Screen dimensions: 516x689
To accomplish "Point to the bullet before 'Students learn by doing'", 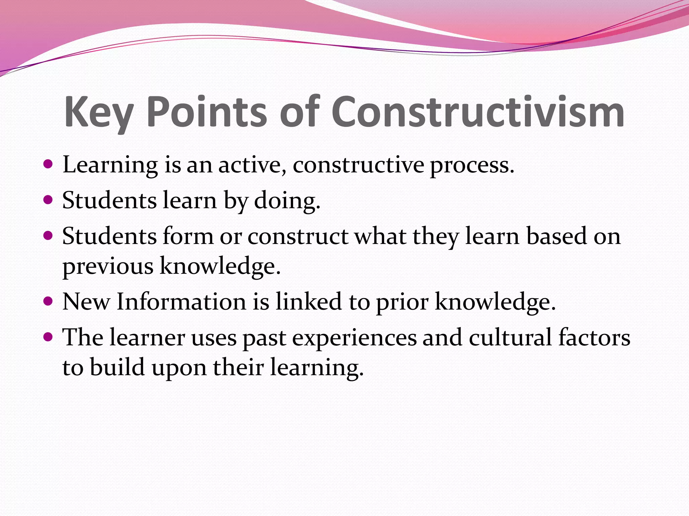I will pyautogui.click(x=48, y=200).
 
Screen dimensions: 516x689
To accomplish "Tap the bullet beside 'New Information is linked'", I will pyautogui.click(x=48, y=301).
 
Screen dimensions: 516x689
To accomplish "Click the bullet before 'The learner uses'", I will pyautogui.click(x=48, y=336).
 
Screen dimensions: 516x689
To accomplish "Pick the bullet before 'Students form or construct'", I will pyautogui.click(x=48, y=235).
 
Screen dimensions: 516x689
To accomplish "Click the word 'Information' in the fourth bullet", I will pyautogui.click(x=181, y=301).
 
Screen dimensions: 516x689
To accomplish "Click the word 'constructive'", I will pyautogui.click(x=358, y=165).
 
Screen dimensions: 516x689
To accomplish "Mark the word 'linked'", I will pyautogui.click(x=309, y=301).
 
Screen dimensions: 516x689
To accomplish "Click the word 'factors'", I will pyautogui.click(x=594, y=337).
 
